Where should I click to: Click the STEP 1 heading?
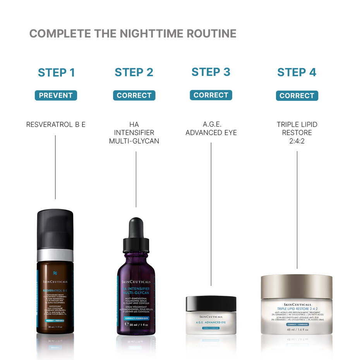click(x=56, y=72)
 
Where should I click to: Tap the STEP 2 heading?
click(x=134, y=72)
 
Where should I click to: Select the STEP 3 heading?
click(x=211, y=72)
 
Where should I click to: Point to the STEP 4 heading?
click(x=297, y=72)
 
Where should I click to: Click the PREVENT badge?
click(x=56, y=95)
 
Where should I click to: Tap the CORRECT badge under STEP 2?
click(x=134, y=95)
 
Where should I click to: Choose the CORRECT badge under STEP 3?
click(x=211, y=95)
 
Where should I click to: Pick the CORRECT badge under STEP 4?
click(x=297, y=96)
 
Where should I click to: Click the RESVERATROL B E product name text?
click(x=56, y=125)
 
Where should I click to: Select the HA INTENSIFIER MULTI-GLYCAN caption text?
click(x=134, y=133)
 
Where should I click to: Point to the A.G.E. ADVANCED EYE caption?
click(x=211, y=129)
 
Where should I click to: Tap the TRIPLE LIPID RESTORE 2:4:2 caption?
click(x=297, y=133)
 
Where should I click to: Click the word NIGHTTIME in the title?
click(x=146, y=34)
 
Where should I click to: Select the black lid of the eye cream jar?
click(x=211, y=303)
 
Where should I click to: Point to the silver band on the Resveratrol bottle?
click(x=55, y=255)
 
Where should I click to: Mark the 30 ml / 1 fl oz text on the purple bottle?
click(x=136, y=324)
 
